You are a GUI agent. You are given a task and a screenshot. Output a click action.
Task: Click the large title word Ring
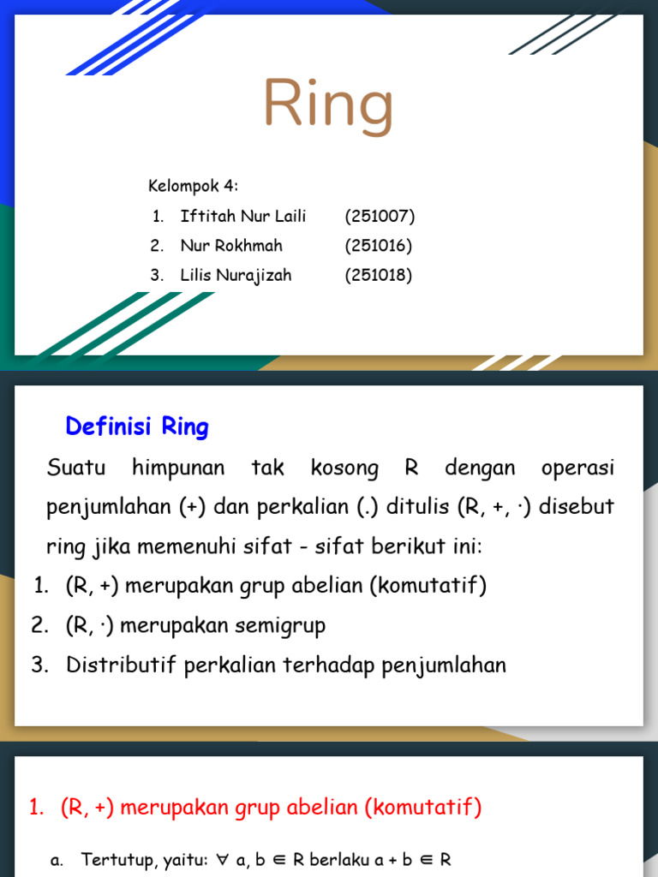pyautogui.click(x=328, y=105)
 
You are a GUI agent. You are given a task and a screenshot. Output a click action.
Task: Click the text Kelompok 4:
pyautogui.click(x=193, y=186)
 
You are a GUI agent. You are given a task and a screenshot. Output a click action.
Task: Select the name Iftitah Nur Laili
pyautogui.click(x=242, y=216)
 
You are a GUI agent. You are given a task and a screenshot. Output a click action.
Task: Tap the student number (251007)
pyautogui.click(x=380, y=216)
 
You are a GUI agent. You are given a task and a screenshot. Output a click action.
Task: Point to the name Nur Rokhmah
pyautogui.click(x=231, y=246)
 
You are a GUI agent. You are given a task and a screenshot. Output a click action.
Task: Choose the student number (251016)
pyautogui.click(x=379, y=246)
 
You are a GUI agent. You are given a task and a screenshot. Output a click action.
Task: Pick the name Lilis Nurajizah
pyautogui.click(x=236, y=275)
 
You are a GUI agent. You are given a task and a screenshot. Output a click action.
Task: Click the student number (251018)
pyautogui.click(x=379, y=275)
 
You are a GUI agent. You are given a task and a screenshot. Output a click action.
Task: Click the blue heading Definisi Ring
pyautogui.click(x=137, y=427)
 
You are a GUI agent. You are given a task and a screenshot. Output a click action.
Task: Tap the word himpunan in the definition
pyautogui.click(x=178, y=468)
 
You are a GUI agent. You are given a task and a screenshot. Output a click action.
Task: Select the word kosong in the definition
pyautogui.click(x=344, y=468)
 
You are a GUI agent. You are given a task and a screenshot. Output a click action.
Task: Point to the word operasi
pyautogui.click(x=577, y=468)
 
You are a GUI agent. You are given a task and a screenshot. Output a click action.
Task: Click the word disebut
pyautogui.click(x=577, y=505)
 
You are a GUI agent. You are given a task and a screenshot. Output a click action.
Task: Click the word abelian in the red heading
pyautogui.click(x=322, y=807)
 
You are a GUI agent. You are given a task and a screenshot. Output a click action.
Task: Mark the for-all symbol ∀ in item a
pyautogui.click(x=223, y=860)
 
